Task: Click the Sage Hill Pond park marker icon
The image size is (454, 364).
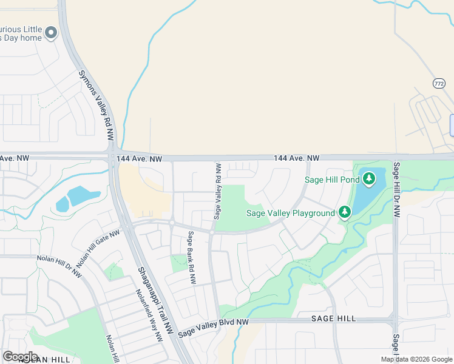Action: (x=368, y=179)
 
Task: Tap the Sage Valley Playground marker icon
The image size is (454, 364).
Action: (x=345, y=212)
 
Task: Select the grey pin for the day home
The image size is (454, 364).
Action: (x=51, y=33)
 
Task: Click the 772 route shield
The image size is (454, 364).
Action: (x=439, y=83)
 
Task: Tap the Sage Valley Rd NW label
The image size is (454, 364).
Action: (x=217, y=190)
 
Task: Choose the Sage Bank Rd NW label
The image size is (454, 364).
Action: (x=192, y=258)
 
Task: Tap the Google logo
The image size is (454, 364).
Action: (x=20, y=356)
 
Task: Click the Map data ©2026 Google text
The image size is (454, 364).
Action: (x=416, y=359)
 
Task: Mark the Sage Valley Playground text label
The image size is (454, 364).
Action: (x=291, y=213)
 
